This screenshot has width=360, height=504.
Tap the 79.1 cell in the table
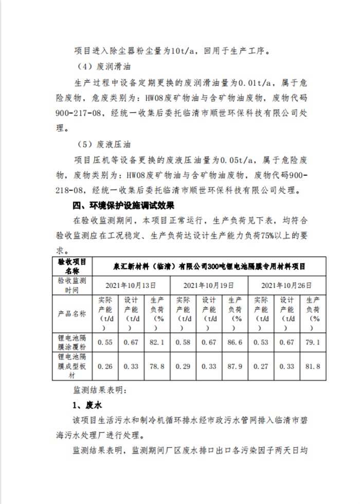(312, 341)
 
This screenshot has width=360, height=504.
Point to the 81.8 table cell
(312, 366)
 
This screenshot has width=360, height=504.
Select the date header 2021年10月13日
(131, 284)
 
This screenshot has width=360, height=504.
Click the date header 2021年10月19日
(209, 284)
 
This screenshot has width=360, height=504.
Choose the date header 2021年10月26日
(287, 284)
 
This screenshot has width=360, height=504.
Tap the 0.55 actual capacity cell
(105, 341)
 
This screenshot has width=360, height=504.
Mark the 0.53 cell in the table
(261, 341)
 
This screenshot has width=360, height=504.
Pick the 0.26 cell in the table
(105, 366)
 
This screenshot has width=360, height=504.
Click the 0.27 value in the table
(261, 366)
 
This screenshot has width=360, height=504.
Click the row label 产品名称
(72, 313)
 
